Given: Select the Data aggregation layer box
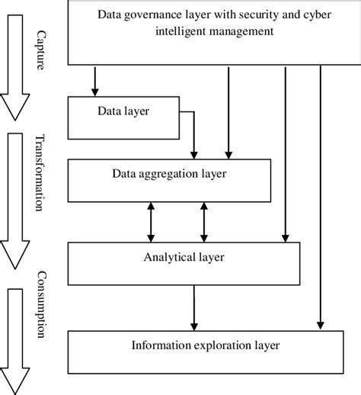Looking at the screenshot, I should click(x=168, y=179).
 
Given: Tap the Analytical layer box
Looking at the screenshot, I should click(x=177, y=262).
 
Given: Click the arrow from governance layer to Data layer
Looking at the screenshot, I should click(x=95, y=81).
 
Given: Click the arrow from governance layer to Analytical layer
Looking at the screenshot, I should click(x=284, y=153).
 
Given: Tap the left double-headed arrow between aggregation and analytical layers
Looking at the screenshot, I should click(x=151, y=222).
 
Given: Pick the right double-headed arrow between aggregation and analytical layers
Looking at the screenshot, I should click(x=203, y=222).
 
